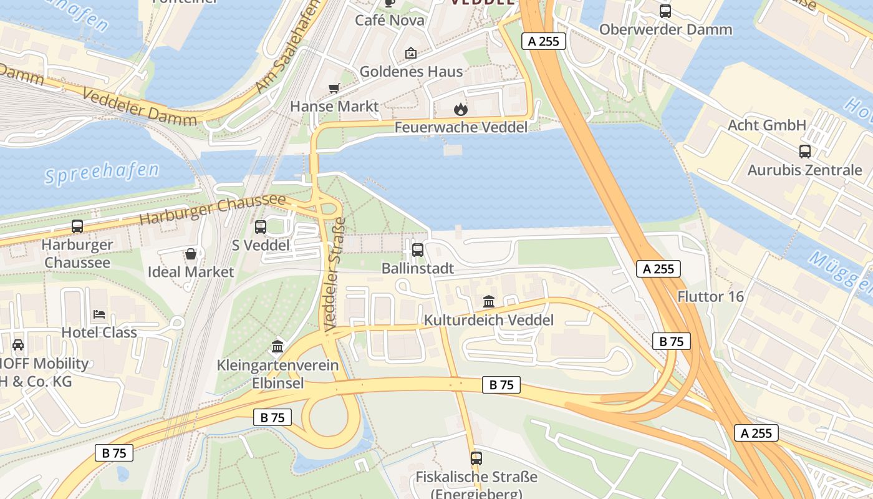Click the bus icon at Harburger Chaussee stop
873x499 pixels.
pyautogui.click(x=77, y=226)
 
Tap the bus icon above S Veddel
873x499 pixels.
pyautogui.click(x=261, y=227)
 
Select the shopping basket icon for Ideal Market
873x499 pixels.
pyautogui.click(x=191, y=254)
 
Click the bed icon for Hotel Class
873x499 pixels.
pyautogui.click(x=99, y=314)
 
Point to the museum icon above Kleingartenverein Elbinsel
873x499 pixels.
pyautogui.click(x=277, y=346)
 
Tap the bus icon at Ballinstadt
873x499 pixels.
pyautogui.click(x=418, y=250)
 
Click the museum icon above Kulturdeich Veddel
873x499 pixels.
pyautogui.click(x=489, y=302)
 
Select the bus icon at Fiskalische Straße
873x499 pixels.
pyautogui.click(x=476, y=458)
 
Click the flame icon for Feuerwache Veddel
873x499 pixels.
pyautogui.click(x=460, y=109)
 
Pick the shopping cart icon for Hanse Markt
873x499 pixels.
pyautogui.click(x=334, y=88)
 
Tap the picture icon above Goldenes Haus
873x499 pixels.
pyautogui.click(x=411, y=53)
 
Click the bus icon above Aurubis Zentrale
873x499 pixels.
pyautogui.click(x=805, y=151)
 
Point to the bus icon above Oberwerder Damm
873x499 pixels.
pyautogui.click(x=665, y=11)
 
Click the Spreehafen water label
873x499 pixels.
pyautogui.click(x=102, y=172)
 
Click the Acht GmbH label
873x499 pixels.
pyautogui.click(x=767, y=125)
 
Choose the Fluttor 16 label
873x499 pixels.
pyautogui.click(x=711, y=296)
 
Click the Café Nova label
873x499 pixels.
pyautogui.click(x=390, y=21)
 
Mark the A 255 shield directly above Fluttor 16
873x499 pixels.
pyautogui.click(x=658, y=269)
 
